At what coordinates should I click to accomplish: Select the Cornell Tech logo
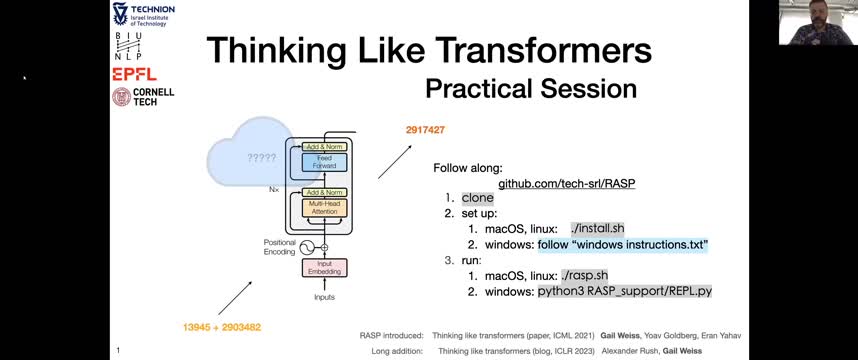[142, 97]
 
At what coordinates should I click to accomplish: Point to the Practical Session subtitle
[530, 88]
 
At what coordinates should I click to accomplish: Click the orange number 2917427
[425, 130]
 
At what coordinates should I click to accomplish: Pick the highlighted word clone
[477, 198]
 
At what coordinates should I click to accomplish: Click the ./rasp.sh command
[584, 275]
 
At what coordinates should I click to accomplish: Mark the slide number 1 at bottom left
[118, 350]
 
